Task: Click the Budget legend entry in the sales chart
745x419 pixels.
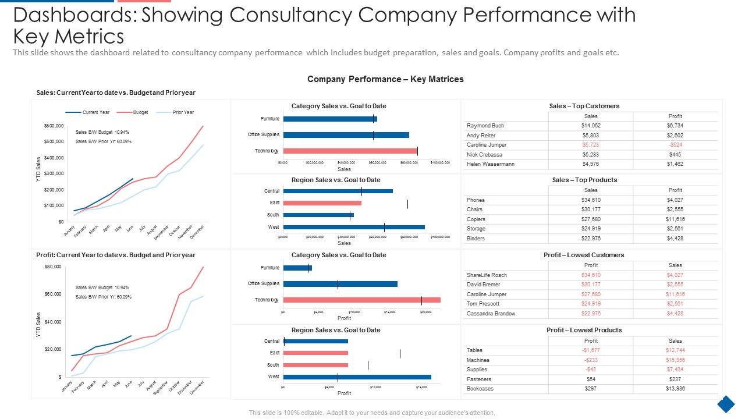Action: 140,112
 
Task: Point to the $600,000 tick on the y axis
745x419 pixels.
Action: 54,126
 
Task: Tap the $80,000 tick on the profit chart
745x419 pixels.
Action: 52,267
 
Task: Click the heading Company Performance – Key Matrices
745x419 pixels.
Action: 385,79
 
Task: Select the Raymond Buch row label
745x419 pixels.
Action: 485,126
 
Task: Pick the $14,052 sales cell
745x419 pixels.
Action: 591,126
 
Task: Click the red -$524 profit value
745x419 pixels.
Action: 675,145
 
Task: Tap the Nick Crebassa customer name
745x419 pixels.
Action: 484,155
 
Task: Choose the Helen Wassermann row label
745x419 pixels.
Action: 490,164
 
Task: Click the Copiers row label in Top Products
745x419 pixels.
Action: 476,219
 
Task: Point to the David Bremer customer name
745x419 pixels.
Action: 484,285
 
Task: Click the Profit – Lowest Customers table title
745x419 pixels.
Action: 584,255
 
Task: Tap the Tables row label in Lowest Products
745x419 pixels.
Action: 474,350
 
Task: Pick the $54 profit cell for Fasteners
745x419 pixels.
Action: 591,379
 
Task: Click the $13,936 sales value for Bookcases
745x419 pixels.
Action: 675,389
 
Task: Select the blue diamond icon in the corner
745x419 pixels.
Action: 725,403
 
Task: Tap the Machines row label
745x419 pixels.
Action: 478,360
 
